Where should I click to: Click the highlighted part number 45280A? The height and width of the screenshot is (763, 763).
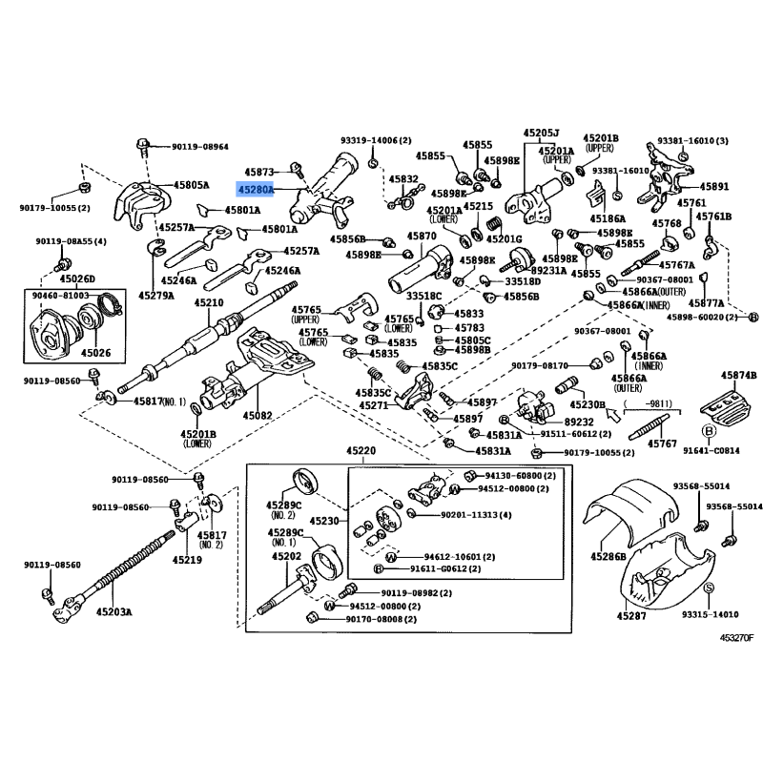coord(256,190)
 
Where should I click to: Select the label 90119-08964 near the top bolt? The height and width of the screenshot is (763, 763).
coord(200,147)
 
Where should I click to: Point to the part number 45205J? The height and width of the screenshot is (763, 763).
coord(541,134)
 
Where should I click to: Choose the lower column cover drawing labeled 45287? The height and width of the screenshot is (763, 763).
coord(668,582)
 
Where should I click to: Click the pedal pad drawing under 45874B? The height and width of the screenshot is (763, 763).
coord(723,401)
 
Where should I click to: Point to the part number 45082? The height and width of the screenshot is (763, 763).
coord(258,416)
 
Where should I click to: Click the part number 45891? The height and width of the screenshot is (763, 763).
coord(714,187)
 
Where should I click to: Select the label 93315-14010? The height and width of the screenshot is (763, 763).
coord(711,616)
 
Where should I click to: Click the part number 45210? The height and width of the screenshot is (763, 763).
coord(209,302)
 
